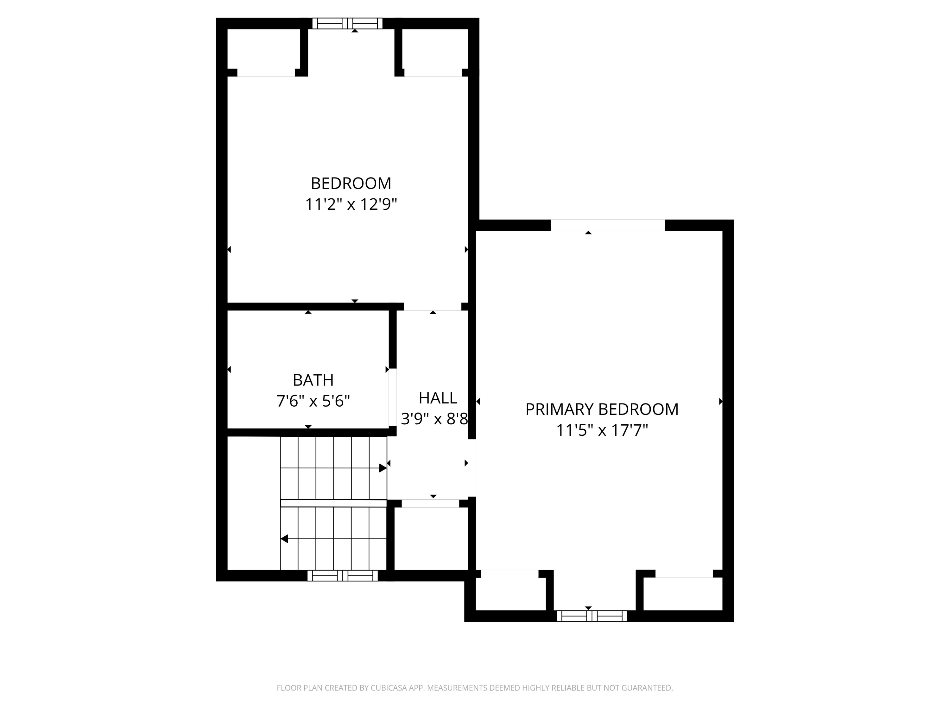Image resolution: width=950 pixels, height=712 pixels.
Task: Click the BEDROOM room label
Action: [351, 183]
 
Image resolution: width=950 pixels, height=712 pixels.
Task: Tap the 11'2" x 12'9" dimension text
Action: [351, 204]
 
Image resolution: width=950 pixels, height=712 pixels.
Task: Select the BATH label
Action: [313, 380]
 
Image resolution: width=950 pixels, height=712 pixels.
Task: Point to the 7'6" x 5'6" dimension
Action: [313, 401]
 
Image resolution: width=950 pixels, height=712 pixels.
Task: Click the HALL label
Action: [438, 398]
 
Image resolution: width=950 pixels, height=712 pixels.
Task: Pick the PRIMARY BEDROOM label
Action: [602, 409]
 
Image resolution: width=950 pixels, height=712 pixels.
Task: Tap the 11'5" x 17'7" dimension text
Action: [602, 430]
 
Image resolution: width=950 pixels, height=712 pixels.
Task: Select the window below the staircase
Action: [342, 576]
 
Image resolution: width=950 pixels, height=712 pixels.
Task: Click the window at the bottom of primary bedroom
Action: [592, 616]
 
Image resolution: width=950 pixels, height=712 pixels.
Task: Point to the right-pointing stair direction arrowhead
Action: [382, 468]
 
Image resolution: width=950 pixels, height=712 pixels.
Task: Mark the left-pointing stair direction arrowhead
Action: [284, 539]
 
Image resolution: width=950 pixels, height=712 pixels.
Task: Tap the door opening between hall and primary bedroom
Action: [472, 468]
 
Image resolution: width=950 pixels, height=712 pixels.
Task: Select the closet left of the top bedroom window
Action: [263, 51]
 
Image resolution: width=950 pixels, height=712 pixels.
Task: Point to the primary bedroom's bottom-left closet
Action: [510, 593]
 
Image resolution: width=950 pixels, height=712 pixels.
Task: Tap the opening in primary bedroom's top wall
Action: [608, 225]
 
